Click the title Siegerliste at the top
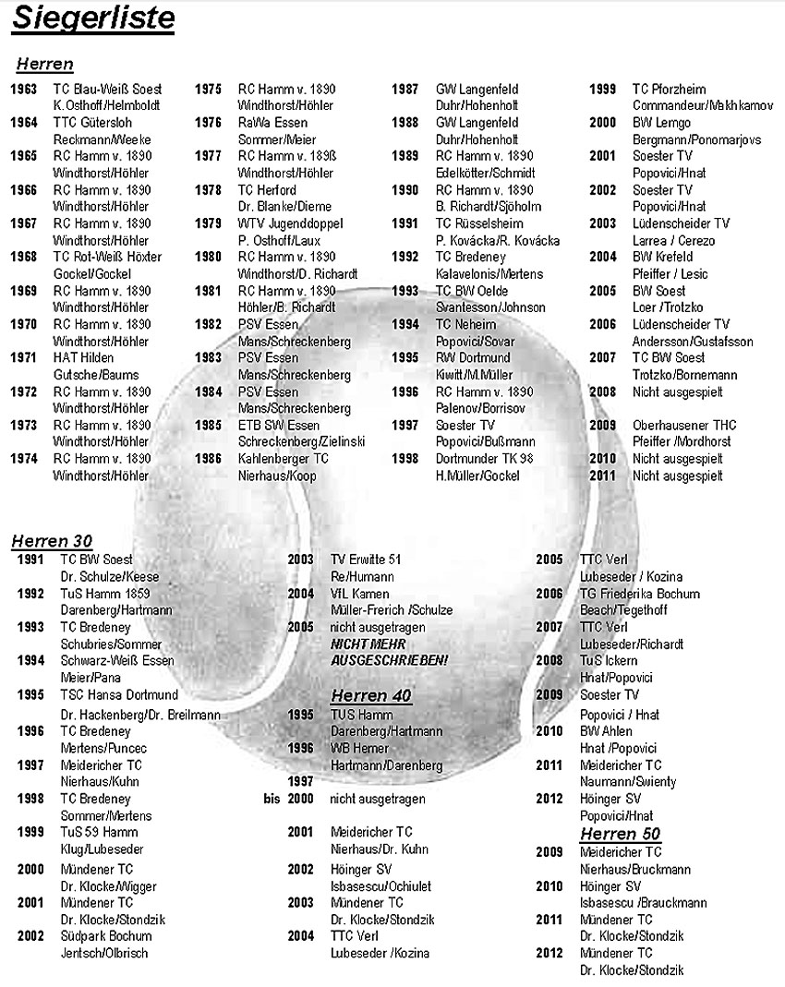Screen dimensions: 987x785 point(92,19)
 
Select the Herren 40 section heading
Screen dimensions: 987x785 point(371,695)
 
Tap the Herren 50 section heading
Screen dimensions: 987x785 point(620,834)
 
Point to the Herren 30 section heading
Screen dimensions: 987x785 point(52,540)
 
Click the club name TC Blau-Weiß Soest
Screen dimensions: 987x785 point(107,90)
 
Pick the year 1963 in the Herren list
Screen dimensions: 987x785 point(24,90)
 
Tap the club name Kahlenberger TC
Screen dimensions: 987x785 point(284,459)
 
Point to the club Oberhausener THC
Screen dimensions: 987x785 point(684,425)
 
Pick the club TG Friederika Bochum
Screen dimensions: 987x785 point(640,594)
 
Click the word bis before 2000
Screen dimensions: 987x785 point(271,800)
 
